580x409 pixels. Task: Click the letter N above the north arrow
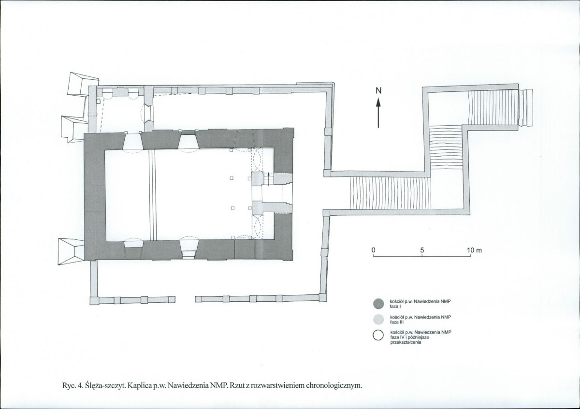378,90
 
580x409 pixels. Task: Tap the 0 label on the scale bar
373,250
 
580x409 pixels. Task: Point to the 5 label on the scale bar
422,250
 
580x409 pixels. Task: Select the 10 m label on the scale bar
474,250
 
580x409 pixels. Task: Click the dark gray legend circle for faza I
378,303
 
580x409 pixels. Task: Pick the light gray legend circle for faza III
378,319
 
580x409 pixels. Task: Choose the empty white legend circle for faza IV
378,335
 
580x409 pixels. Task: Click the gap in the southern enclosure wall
185,299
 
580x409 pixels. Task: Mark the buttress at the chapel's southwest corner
72,251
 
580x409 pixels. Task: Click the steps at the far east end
526,107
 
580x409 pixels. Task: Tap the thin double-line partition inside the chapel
153,195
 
